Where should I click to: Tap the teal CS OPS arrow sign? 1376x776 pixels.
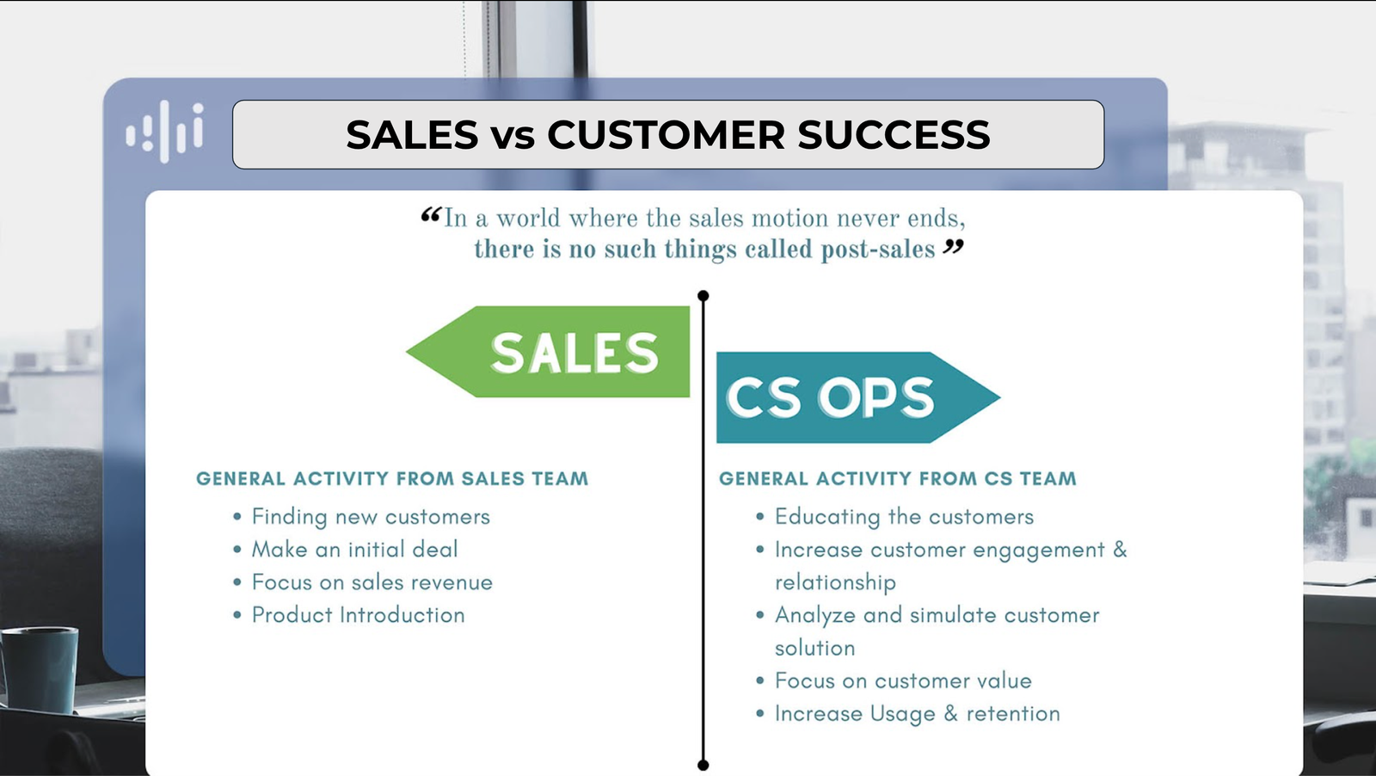click(843, 397)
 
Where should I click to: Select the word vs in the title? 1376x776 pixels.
click(513, 136)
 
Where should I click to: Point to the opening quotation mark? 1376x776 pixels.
click(430, 215)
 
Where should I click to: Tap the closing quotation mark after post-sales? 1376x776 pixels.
click(953, 248)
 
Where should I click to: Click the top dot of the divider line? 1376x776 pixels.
click(703, 296)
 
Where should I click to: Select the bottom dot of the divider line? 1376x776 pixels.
click(703, 765)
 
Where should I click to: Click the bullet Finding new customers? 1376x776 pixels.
click(370, 517)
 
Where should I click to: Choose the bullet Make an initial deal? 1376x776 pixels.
click(354, 550)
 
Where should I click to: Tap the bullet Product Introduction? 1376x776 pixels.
click(358, 615)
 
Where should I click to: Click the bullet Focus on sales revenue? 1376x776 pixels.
click(372, 582)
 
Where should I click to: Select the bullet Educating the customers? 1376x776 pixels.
click(904, 517)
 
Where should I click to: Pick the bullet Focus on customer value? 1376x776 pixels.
click(903, 681)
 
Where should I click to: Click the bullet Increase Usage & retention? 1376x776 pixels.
click(917, 714)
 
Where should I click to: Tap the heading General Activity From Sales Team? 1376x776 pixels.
click(392, 479)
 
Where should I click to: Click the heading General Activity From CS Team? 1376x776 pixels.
click(897, 479)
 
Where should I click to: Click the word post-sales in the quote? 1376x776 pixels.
click(877, 249)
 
